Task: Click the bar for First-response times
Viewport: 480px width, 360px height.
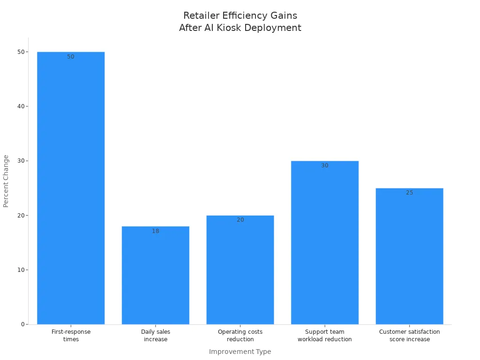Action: pos(71,187)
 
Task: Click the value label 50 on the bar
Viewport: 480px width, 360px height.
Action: pos(71,57)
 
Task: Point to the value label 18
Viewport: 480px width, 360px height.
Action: pos(156,231)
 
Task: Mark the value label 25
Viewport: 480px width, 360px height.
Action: pos(409,193)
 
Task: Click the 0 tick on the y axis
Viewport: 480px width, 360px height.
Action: pos(22,324)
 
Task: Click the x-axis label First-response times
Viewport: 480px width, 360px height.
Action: pos(71,335)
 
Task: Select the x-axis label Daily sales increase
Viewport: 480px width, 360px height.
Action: pos(156,335)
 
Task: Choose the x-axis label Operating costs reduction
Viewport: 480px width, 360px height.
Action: pos(240,335)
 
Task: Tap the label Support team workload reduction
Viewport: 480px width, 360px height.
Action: pos(325,335)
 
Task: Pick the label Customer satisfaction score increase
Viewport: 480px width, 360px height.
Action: pos(409,335)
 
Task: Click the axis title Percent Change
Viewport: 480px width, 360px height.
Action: pos(6,181)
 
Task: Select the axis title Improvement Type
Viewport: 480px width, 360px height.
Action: pos(240,352)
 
